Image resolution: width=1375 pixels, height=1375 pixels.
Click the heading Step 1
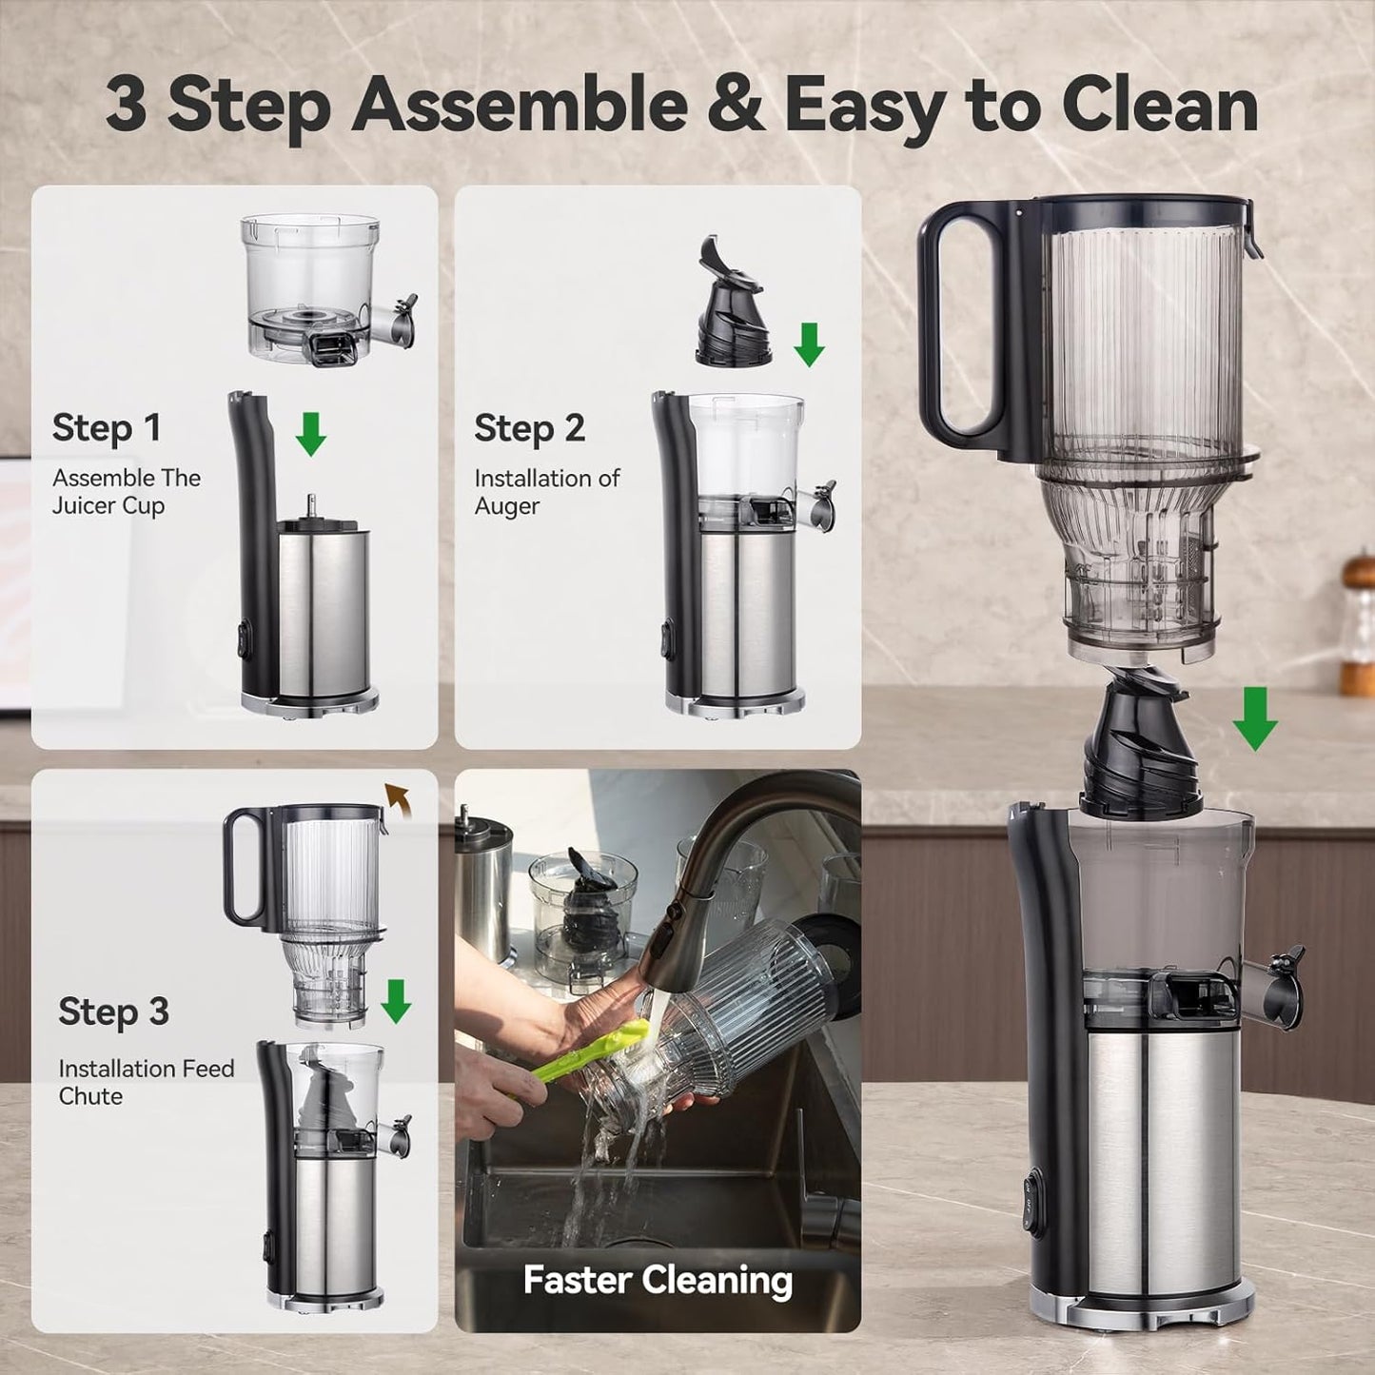click(107, 428)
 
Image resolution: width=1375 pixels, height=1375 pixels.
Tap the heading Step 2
click(529, 428)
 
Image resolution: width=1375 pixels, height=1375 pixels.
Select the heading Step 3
click(113, 1012)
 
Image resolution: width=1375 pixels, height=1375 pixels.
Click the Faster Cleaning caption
click(658, 1280)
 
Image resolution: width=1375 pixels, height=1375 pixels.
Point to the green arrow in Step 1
click(310, 434)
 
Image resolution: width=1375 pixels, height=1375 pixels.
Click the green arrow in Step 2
click(809, 344)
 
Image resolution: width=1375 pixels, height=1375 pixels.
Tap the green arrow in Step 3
click(396, 1001)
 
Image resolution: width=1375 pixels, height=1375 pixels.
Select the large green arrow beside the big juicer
click(1255, 718)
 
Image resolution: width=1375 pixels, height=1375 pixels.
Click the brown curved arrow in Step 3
click(397, 800)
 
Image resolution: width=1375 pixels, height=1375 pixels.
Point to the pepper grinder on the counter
click(1358, 623)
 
